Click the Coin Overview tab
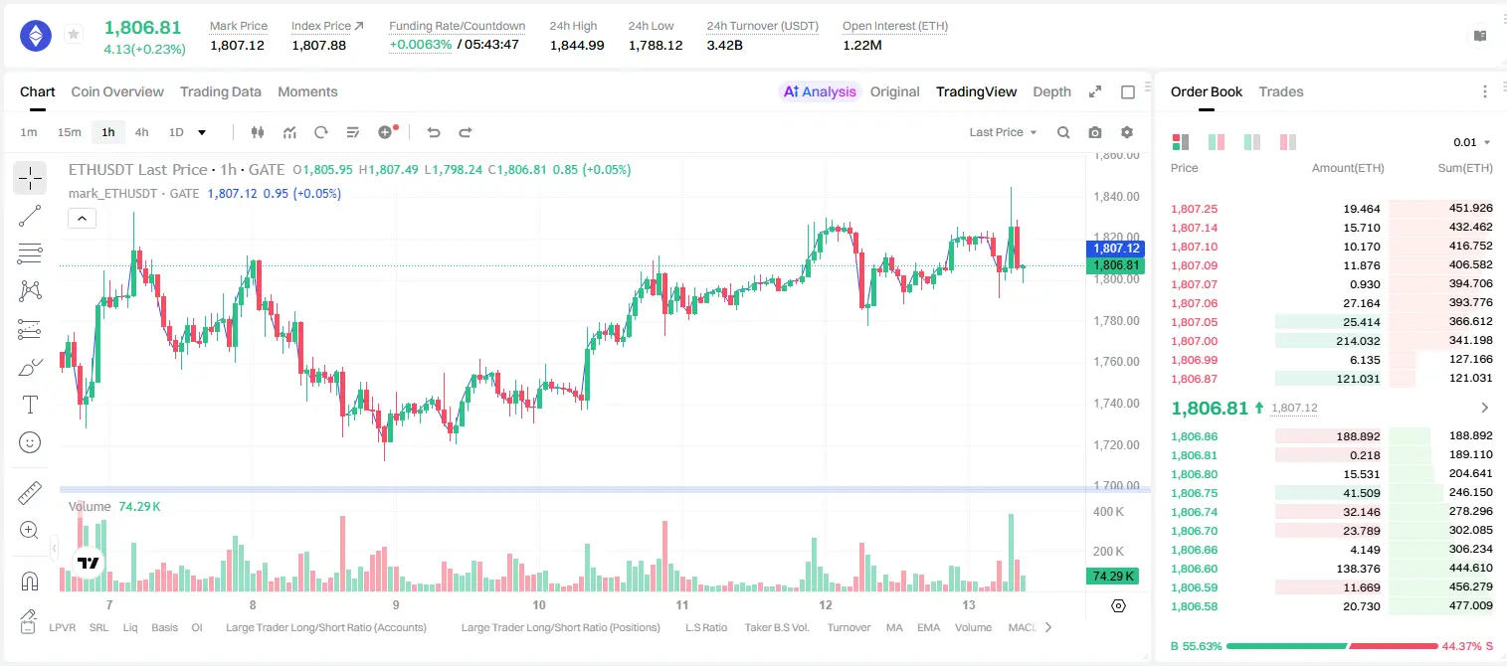117,91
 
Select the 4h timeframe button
141,132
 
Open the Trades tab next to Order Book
1280,91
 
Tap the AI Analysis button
820,91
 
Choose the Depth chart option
1051,91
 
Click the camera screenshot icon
1095,132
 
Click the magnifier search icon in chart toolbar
1063,132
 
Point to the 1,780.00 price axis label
1116,320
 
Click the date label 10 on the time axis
539,604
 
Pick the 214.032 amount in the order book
1358,341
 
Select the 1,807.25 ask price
1195,209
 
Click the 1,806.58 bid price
1195,606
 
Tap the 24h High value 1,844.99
577,45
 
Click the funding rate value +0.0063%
421,45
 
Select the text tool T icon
30,405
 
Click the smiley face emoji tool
30,442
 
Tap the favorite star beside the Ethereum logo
74,34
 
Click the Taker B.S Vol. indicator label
776,627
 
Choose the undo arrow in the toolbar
434,132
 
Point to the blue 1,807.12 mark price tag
1115,248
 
